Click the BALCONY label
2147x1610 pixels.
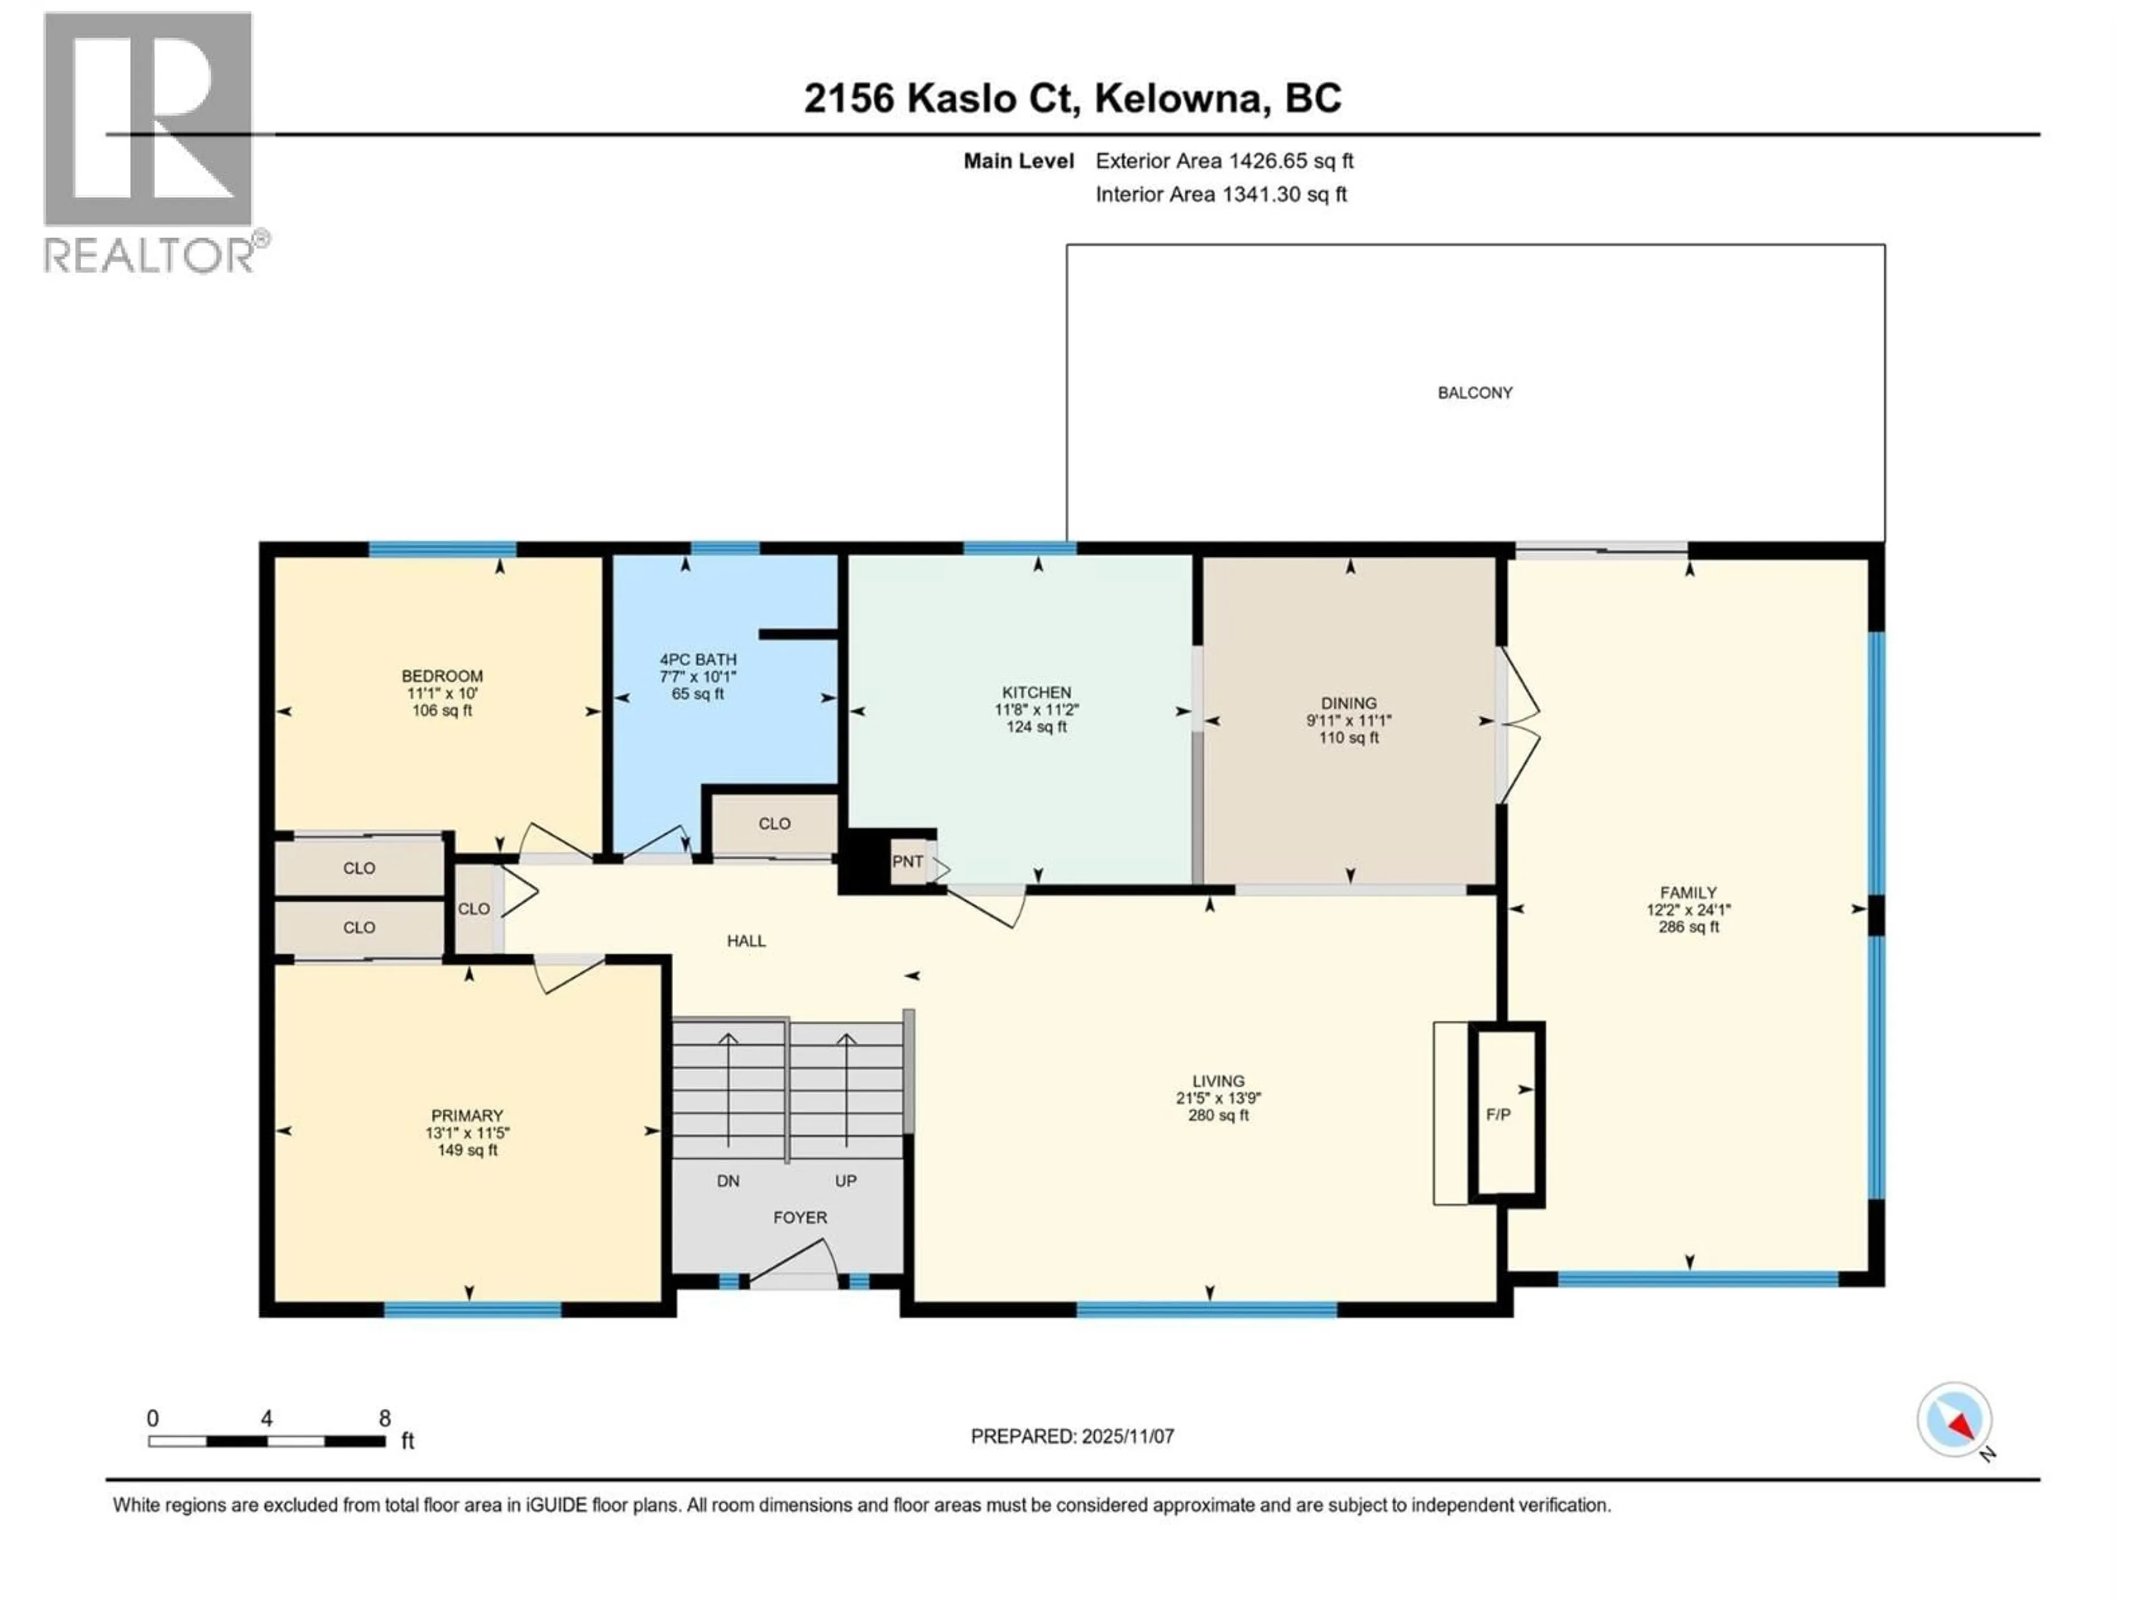pyautogui.click(x=1474, y=393)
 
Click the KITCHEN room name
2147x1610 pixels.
pyautogui.click(x=1037, y=692)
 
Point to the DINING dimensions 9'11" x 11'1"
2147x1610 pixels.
pyautogui.click(x=1348, y=720)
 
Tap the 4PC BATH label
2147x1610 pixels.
pyautogui.click(x=698, y=659)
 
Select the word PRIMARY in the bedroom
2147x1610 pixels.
pyautogui.click(x=467, y=1116)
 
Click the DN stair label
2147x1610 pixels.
pyautogui.click(x=728, y=1181)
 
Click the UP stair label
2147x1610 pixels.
pyautogui.click(x=845, y=1181)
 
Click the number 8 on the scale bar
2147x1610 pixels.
pyautogui.click(x=384, y=1418)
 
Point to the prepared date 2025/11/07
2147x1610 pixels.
pyautogui.click(x=1127, y=1436)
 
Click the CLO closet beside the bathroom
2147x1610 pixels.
pyautogui.click(x=774, y=824)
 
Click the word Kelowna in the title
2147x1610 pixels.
pyautogui.click(x=1181, y=98)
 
